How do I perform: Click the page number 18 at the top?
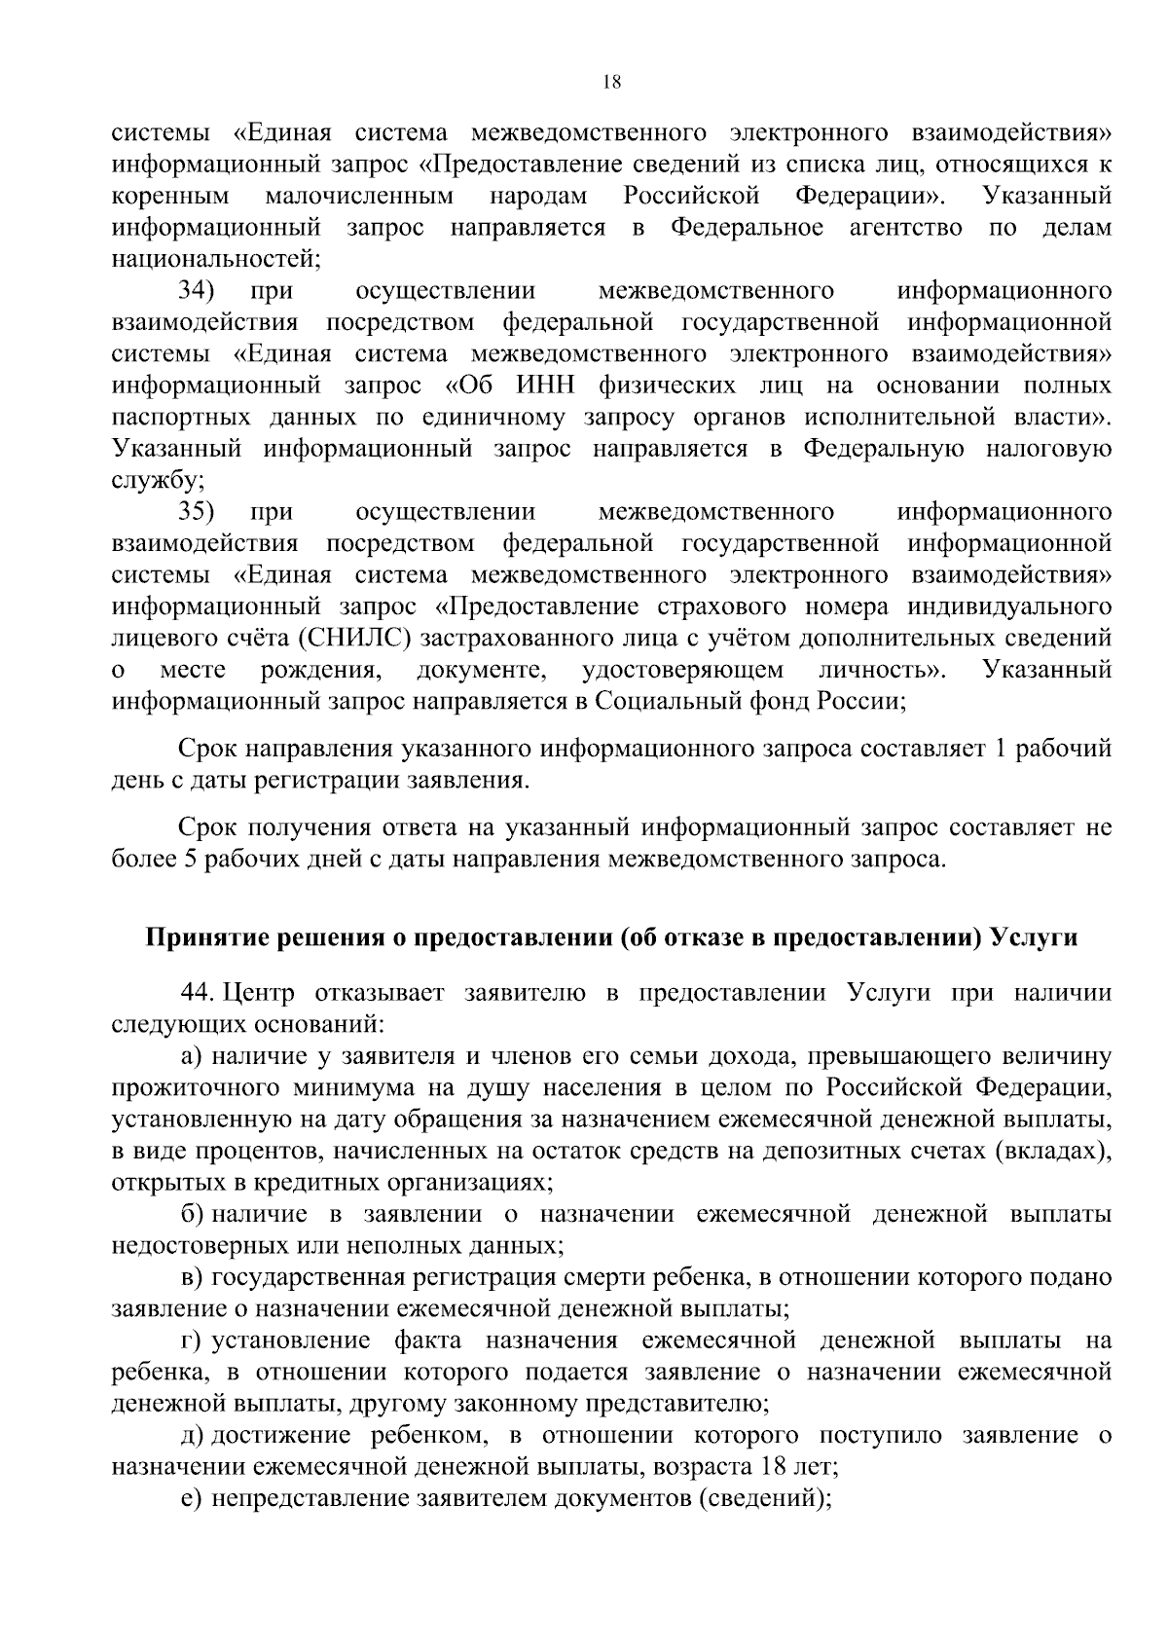611,83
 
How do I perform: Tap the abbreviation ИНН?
540,385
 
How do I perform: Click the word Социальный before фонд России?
655,701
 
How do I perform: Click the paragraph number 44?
197,993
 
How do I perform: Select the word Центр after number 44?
258,993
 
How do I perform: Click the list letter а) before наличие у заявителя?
192,1056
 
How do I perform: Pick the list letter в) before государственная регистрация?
192,1277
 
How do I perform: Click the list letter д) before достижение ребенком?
193,1435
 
